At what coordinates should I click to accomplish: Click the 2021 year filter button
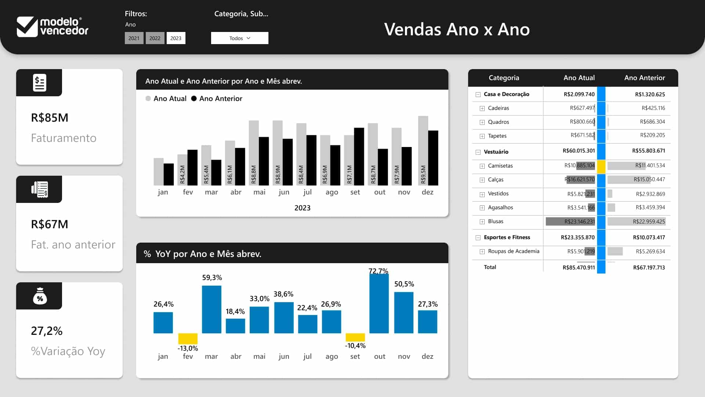pos(134,38)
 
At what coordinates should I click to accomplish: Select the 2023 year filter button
pos(176,38)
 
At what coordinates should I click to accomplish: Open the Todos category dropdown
pos(239,38)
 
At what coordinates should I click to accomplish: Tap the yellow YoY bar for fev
pos(188,339)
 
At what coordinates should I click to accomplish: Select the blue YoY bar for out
pos(379,304)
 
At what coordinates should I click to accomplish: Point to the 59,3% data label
pos(212,278)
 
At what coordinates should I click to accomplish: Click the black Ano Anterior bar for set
pos(359,157)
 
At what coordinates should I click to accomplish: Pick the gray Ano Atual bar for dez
pos(423,151)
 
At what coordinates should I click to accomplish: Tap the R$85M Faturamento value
pos(50,118)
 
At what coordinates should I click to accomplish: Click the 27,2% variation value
pos(47,331)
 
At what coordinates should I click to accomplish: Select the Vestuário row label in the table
pos(496,152)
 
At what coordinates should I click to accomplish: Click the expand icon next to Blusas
pos(482,222)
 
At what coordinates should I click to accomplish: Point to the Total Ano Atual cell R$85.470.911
pos(578,268)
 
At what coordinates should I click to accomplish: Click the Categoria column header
pos(504,78)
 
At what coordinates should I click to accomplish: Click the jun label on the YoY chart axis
pos(284,357)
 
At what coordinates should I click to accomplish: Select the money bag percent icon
pos(40,296)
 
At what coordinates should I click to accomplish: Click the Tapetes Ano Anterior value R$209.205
pos(652,135)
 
